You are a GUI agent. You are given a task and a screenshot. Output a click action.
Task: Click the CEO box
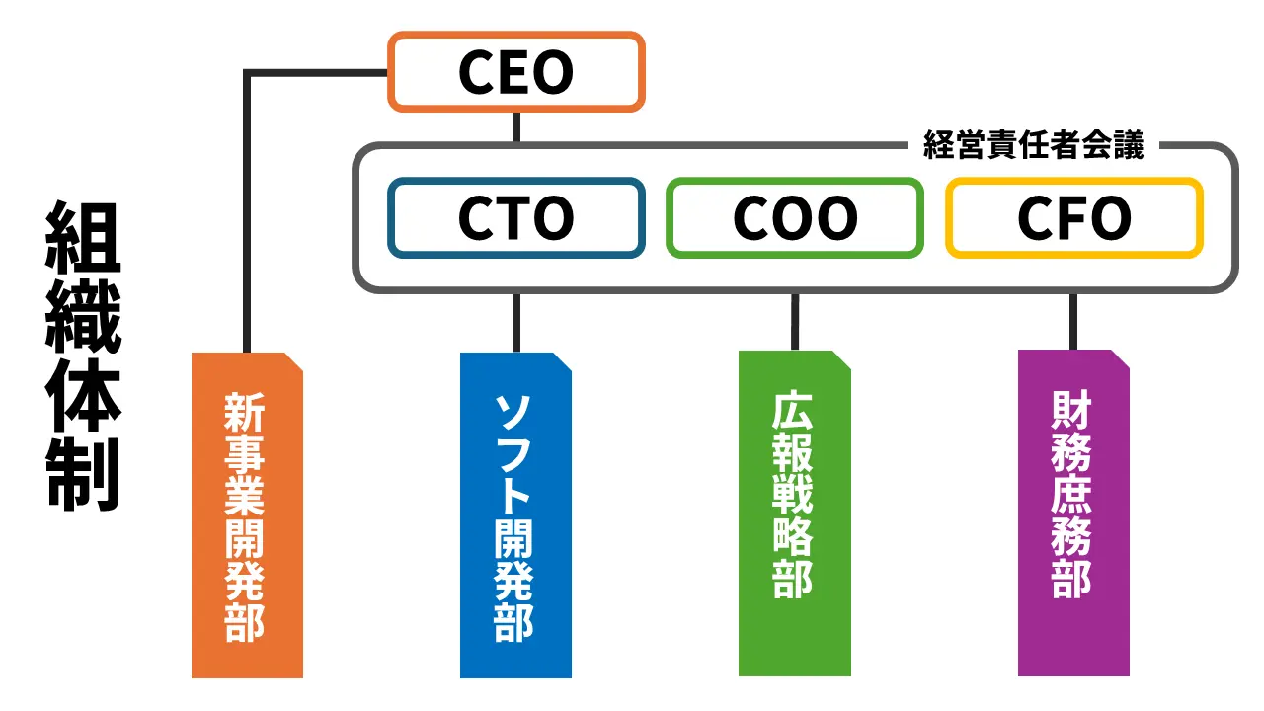click(x=515, y=71)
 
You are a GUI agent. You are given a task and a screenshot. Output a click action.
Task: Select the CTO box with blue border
click(x=515, y=218)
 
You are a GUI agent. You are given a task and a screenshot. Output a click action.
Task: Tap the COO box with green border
click(x=795, y=218)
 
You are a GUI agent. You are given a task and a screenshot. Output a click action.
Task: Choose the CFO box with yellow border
click(x=1074, y=218)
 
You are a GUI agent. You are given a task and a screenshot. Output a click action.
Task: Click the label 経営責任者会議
click(x=1033, y=146)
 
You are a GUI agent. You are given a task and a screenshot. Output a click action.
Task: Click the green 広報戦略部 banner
click(x=794, y=513)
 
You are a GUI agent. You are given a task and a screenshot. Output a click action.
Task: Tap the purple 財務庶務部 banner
click(x=1073, y=513)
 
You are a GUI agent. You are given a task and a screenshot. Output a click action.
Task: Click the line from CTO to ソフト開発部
click(x=515, y=322)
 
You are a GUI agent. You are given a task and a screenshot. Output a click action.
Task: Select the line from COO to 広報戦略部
click(x=795, y=321)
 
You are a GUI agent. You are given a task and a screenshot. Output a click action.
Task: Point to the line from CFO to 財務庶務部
click(x=1073, y=321)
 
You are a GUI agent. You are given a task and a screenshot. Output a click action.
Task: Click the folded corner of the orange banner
click(x=293, y=361)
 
